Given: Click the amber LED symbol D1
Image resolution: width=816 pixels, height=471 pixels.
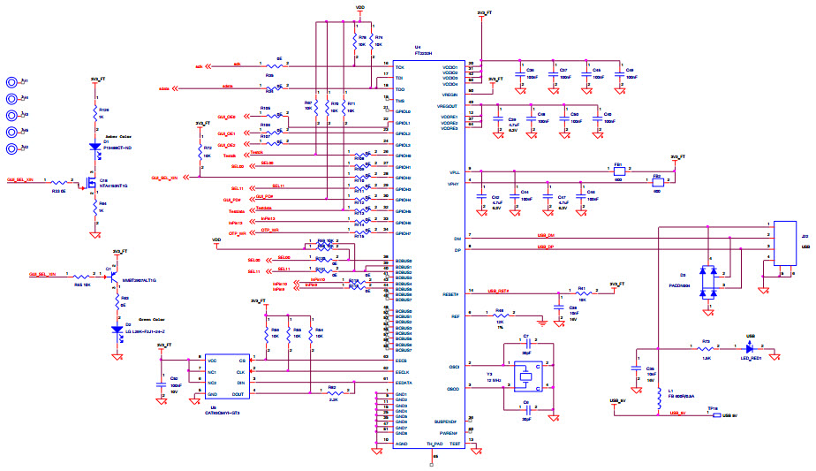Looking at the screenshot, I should coord(95,147).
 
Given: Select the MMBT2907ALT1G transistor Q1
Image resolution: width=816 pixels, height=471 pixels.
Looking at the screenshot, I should coord(110,275).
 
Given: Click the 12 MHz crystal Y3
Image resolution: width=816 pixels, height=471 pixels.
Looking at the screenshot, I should coord(526,376).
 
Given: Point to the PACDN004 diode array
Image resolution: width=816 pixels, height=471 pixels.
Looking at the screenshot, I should coord(708,282).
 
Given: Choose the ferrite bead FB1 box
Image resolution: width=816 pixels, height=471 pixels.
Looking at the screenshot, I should coord(619,171).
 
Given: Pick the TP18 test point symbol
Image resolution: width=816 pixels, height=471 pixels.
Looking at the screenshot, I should coord(716,413).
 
